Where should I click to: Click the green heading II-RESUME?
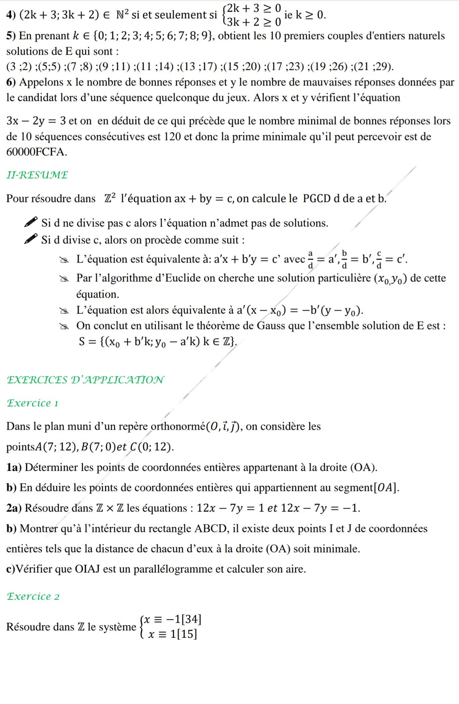tap(37, 175)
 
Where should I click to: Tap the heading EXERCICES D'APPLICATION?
tap(85, 379)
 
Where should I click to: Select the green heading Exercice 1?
tap(32, 403)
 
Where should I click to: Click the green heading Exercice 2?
tap(33, 596)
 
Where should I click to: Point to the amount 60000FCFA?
tap(36, 152)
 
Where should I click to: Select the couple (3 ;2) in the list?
tap(19, 66)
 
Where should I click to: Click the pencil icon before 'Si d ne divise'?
tap(31, 222)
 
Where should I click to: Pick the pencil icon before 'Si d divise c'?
tap(31, 239)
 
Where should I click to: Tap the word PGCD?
tap(316, 198)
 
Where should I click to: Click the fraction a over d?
tap(311, 259)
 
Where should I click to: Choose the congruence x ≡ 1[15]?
tap(173, 634)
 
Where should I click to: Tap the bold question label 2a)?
tap(14, 508)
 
